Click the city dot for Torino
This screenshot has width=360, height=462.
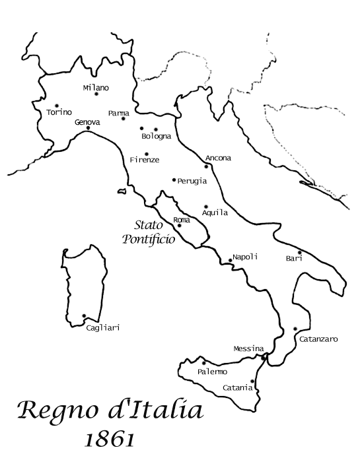[x=57, y=106]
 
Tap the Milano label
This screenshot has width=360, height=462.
[x=96, y=87]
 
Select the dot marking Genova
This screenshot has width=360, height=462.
[x=88, y=129]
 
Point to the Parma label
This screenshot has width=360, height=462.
[x=118, y=113]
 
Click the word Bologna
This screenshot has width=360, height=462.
[x=157, y=137]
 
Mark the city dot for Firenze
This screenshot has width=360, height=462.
[x=147, y=154]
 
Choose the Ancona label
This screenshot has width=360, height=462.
[x=218, y=158]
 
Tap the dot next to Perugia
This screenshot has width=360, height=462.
[x=174, y=180]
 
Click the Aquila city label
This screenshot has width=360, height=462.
[x=215, y=213]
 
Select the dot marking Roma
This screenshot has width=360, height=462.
[x=179, y=226]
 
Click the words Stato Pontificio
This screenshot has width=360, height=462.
[x=149, y=232]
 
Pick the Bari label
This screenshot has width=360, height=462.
[x=294, y=259]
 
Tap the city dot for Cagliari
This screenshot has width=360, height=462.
[x=84, y=316]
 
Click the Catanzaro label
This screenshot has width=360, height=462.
[x=318, y=339]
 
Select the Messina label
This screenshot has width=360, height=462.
[x=248, y=348]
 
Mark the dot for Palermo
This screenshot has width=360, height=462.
[x=204, y=363]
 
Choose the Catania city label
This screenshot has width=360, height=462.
[x=238, y=387]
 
